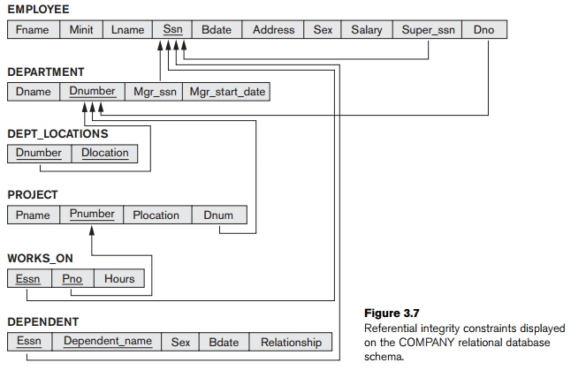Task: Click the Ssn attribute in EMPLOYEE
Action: tap(172, 29)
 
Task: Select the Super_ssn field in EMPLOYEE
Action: tap(428, 29)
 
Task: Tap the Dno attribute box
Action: tap(483, 29)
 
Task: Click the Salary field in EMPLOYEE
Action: tap(366, 29)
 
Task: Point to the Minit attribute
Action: tap(81, 29)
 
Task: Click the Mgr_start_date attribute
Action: tap(225, 91)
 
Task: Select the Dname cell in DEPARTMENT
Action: tap(34, 91)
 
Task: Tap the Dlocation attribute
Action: tap(104, 153)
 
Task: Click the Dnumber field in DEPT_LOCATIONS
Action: tap(39, 153)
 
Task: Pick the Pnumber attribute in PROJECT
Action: tap(92, 215)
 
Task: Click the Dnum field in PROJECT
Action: tap(218, 215)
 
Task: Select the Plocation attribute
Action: tap(156, 215)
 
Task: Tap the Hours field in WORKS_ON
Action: tap(119, 278)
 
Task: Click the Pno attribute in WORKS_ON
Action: tap(72, 278)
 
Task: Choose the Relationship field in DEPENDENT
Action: tap(291, 342)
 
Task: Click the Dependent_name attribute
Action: tap(107, 342)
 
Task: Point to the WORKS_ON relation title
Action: tap(40, 259)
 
